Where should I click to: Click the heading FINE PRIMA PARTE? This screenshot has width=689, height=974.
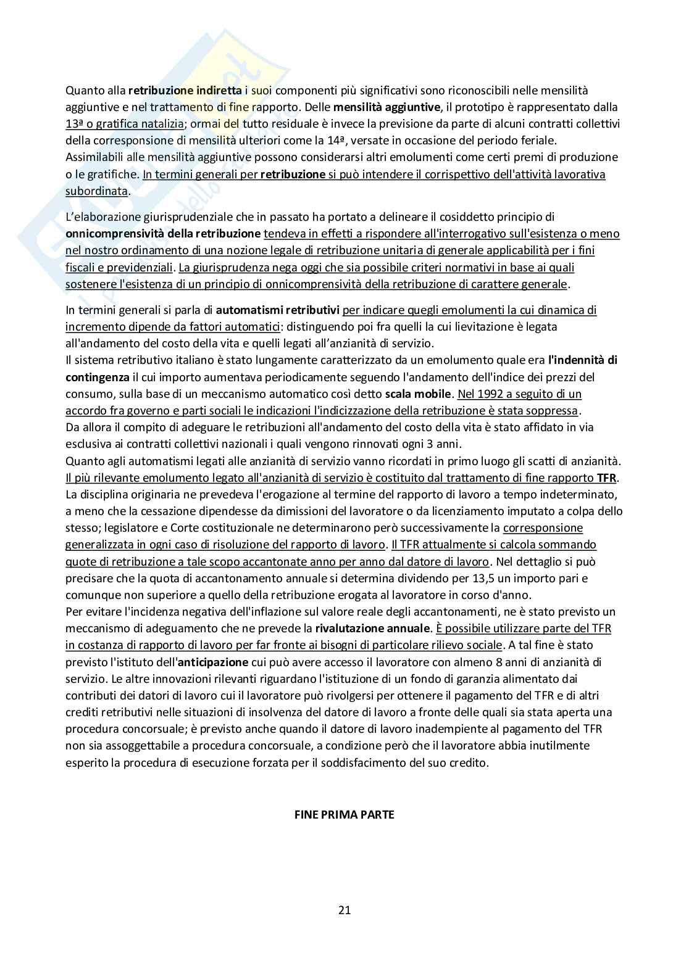pyautogui.click(x=344, y=814)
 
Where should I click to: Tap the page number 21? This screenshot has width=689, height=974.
pyautogui.click(x=344, y=909)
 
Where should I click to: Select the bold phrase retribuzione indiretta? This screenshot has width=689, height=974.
pyautogui.click(x=185, y=91)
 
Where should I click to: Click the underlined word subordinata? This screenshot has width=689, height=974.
pyautogui.click(x=96, y=191)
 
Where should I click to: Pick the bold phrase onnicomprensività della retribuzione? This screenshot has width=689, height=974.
pyautogui.click(x=163, y=234)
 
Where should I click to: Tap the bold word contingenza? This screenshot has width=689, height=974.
pyautogui.click(x=97, y=377)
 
